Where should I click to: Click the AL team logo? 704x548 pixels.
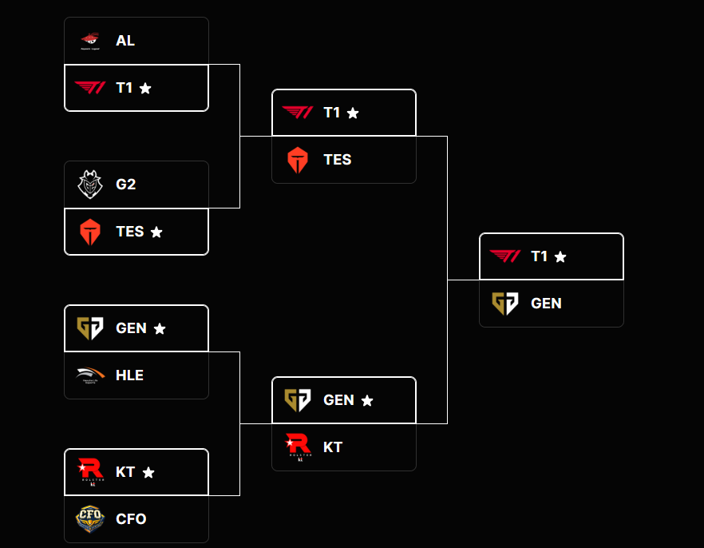(89, 41)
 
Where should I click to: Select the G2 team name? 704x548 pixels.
(125, 185)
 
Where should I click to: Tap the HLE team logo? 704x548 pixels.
(89, 375)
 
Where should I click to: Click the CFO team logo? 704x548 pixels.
(89, 519)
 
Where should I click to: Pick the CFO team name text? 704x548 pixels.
(131, 519)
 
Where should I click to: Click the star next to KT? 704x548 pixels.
(148, 473)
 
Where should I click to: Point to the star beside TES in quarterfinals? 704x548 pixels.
(156, 232)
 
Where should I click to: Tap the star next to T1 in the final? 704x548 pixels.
(560, 257)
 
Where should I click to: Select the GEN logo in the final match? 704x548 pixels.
(504, 304)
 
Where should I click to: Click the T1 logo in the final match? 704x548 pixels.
(504, 256)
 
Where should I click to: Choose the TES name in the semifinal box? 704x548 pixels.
(337, 160)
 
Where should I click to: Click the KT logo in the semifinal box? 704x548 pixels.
(297, 447)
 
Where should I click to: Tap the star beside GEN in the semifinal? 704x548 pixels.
(367, 401)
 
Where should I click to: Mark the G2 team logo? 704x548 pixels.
(89, 185)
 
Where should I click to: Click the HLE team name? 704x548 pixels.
(129, 375)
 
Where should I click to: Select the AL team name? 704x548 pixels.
(125, 41)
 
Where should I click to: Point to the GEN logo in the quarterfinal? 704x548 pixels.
(89, 328)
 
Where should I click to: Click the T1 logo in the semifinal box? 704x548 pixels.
(297, 113)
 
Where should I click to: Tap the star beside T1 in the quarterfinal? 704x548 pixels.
(145, 89)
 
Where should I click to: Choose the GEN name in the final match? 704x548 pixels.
(546, 304)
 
